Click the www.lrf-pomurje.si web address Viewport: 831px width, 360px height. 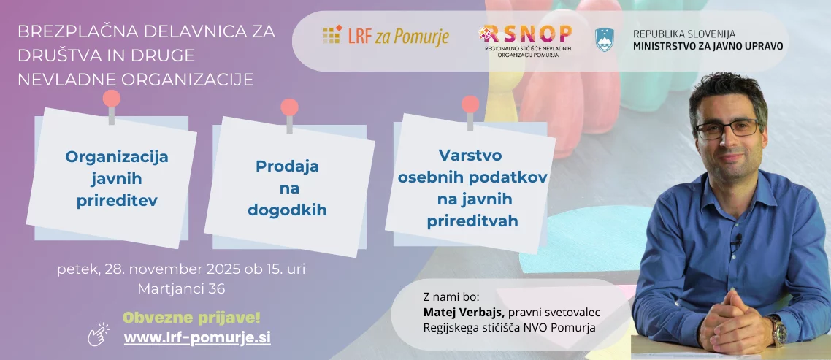pos(197,338)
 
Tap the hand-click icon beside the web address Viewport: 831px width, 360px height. pos(98,334)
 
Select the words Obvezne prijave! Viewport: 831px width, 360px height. pos(192,318)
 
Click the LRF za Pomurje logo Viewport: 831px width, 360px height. pos(386,36)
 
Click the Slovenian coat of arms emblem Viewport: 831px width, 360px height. pos(604,39)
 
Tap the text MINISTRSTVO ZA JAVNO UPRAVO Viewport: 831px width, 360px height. pos(708,46)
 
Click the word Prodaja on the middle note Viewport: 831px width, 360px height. pos(287,166)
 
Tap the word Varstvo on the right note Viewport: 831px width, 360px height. pos(470,156)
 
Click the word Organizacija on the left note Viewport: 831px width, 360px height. pos(117,157)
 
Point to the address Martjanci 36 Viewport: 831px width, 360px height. pos(181,289)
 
